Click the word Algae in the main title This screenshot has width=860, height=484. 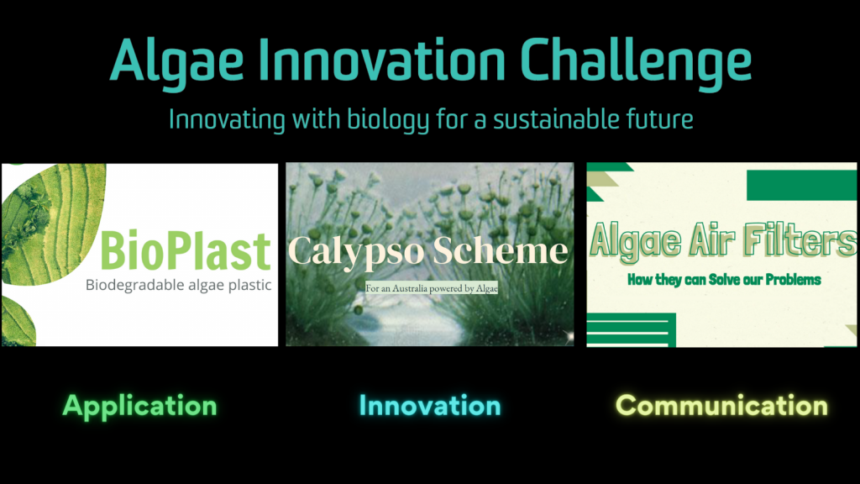coord(176,61)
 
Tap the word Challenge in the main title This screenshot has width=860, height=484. coord(635,61)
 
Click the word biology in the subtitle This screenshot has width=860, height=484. coord(388,120)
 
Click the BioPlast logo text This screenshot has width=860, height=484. coord(186,250)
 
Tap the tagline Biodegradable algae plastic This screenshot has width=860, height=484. coord(178,286)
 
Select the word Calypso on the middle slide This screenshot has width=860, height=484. coord(356,252)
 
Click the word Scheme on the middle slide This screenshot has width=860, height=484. coord(501,250)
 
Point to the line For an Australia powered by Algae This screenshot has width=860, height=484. coord(432,288)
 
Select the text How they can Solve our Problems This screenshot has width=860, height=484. coord(724,280)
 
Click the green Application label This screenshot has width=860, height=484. coord(140,407)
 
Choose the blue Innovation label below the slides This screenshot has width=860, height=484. coord(430,406)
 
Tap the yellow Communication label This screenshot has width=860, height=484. coord(721,406)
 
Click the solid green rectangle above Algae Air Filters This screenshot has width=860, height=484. coord(801,185)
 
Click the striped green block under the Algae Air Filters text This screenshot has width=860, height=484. coord(631,329)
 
